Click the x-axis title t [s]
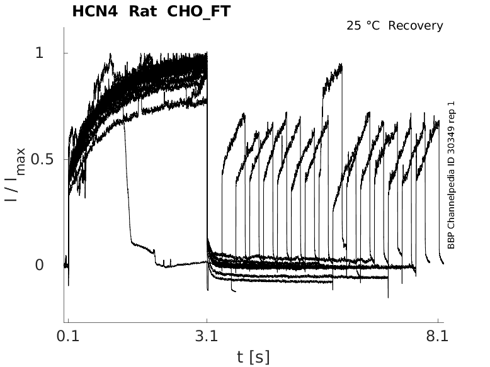tap(253, 357)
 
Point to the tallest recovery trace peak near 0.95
tap(340, 65)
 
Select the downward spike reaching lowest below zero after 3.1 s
tap(388, 296)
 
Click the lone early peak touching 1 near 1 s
tap(110, 55)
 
